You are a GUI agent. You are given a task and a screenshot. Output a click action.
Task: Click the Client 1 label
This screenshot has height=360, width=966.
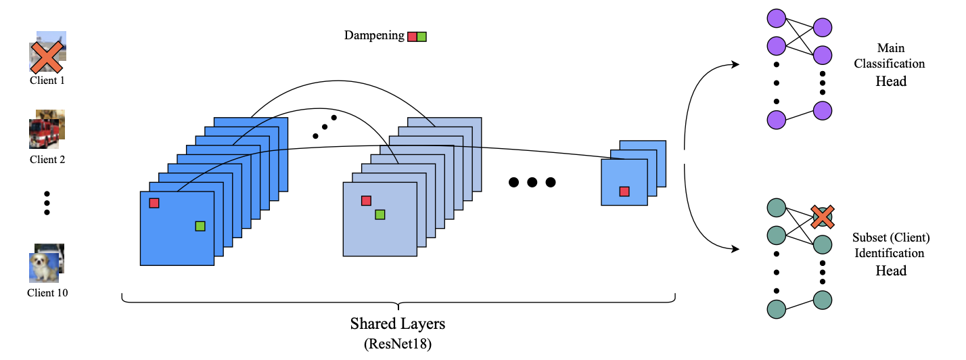[x=47, y=81]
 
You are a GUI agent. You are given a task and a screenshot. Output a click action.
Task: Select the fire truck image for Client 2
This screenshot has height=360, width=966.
[x=44, y=133]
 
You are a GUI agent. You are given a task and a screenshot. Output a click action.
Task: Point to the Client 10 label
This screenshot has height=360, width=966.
[x=47, y=293]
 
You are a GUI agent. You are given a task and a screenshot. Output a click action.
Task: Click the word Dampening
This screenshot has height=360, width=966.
[x=374, y=36]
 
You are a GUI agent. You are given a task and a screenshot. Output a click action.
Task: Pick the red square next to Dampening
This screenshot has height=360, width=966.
[x=412, y=37]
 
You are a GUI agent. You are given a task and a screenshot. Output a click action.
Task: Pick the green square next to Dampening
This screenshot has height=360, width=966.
[x=421, y=37]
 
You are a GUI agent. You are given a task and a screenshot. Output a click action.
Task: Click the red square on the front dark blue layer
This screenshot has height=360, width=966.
[x=154, y=203]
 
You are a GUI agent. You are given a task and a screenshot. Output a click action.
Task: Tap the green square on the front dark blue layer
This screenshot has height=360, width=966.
[x=200, y=226]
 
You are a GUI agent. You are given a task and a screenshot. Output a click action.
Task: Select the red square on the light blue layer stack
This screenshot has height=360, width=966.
[x=366, y=200]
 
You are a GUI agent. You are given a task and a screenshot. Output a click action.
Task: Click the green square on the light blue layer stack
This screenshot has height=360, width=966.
[x=380, y=215]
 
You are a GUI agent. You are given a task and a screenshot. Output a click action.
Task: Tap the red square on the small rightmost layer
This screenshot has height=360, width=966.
[x=624, y=192]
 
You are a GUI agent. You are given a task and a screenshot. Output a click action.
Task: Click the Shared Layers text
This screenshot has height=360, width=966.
[x=398, y=323]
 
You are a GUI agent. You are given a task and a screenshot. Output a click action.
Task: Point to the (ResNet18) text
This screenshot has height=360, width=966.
[x=398, y=344]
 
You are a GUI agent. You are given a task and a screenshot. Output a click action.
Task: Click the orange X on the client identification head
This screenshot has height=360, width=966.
[x=822, y=217]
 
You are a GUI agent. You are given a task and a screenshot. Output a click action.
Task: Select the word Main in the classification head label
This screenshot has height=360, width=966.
[x=890, y=49]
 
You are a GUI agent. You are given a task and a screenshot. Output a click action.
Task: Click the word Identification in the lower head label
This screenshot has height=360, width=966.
[x=890, y=253]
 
